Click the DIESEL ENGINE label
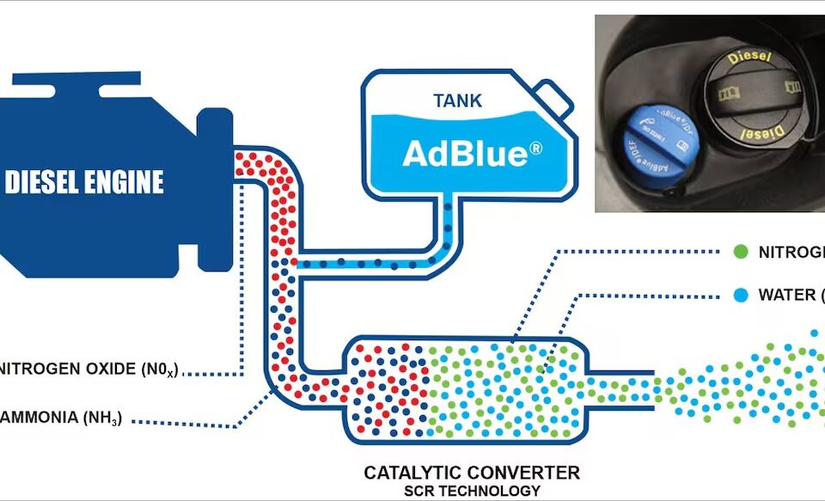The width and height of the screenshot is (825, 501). tap(84, 182)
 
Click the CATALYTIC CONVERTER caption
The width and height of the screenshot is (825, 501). tap(472, 473)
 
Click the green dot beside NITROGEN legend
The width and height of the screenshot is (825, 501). tap(739, 252)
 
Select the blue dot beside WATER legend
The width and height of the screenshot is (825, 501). tap(739, 295)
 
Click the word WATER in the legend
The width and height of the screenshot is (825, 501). tap(787, 295)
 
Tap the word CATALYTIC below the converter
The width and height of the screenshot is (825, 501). tap(412, 473)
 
